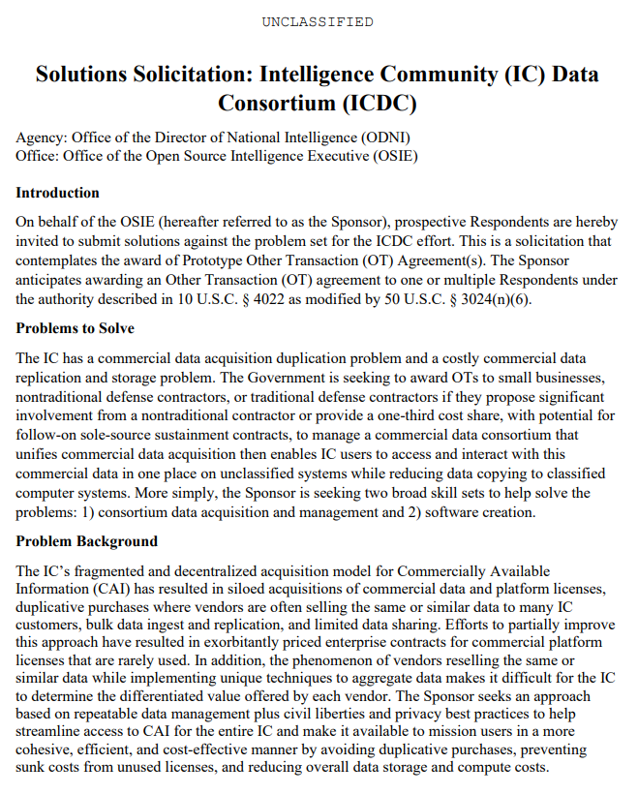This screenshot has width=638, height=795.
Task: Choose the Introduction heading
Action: coord(57,193)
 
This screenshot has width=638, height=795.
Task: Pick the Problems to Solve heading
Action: coord(75,328)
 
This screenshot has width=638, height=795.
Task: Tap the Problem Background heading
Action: coord(86,540)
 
